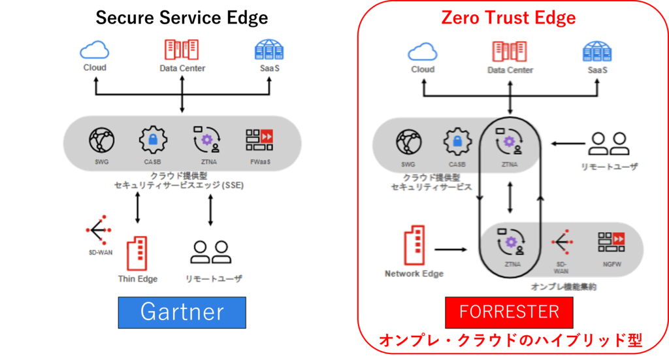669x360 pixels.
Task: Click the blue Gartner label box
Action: (x=182, y=312)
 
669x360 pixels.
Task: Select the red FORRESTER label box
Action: (x=509, y=312)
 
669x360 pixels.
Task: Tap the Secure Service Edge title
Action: (x=182, y=17)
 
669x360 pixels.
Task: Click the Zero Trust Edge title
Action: (x=508, y=17)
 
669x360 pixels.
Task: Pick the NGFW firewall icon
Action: (x=611, y=242)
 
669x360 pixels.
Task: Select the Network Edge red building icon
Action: (x=414, y=244)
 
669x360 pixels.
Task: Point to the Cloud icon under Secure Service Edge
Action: (x=94, y=50)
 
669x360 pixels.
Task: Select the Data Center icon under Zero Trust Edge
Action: (x=510, y=50)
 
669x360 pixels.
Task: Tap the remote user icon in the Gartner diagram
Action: (x=210, y=252)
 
